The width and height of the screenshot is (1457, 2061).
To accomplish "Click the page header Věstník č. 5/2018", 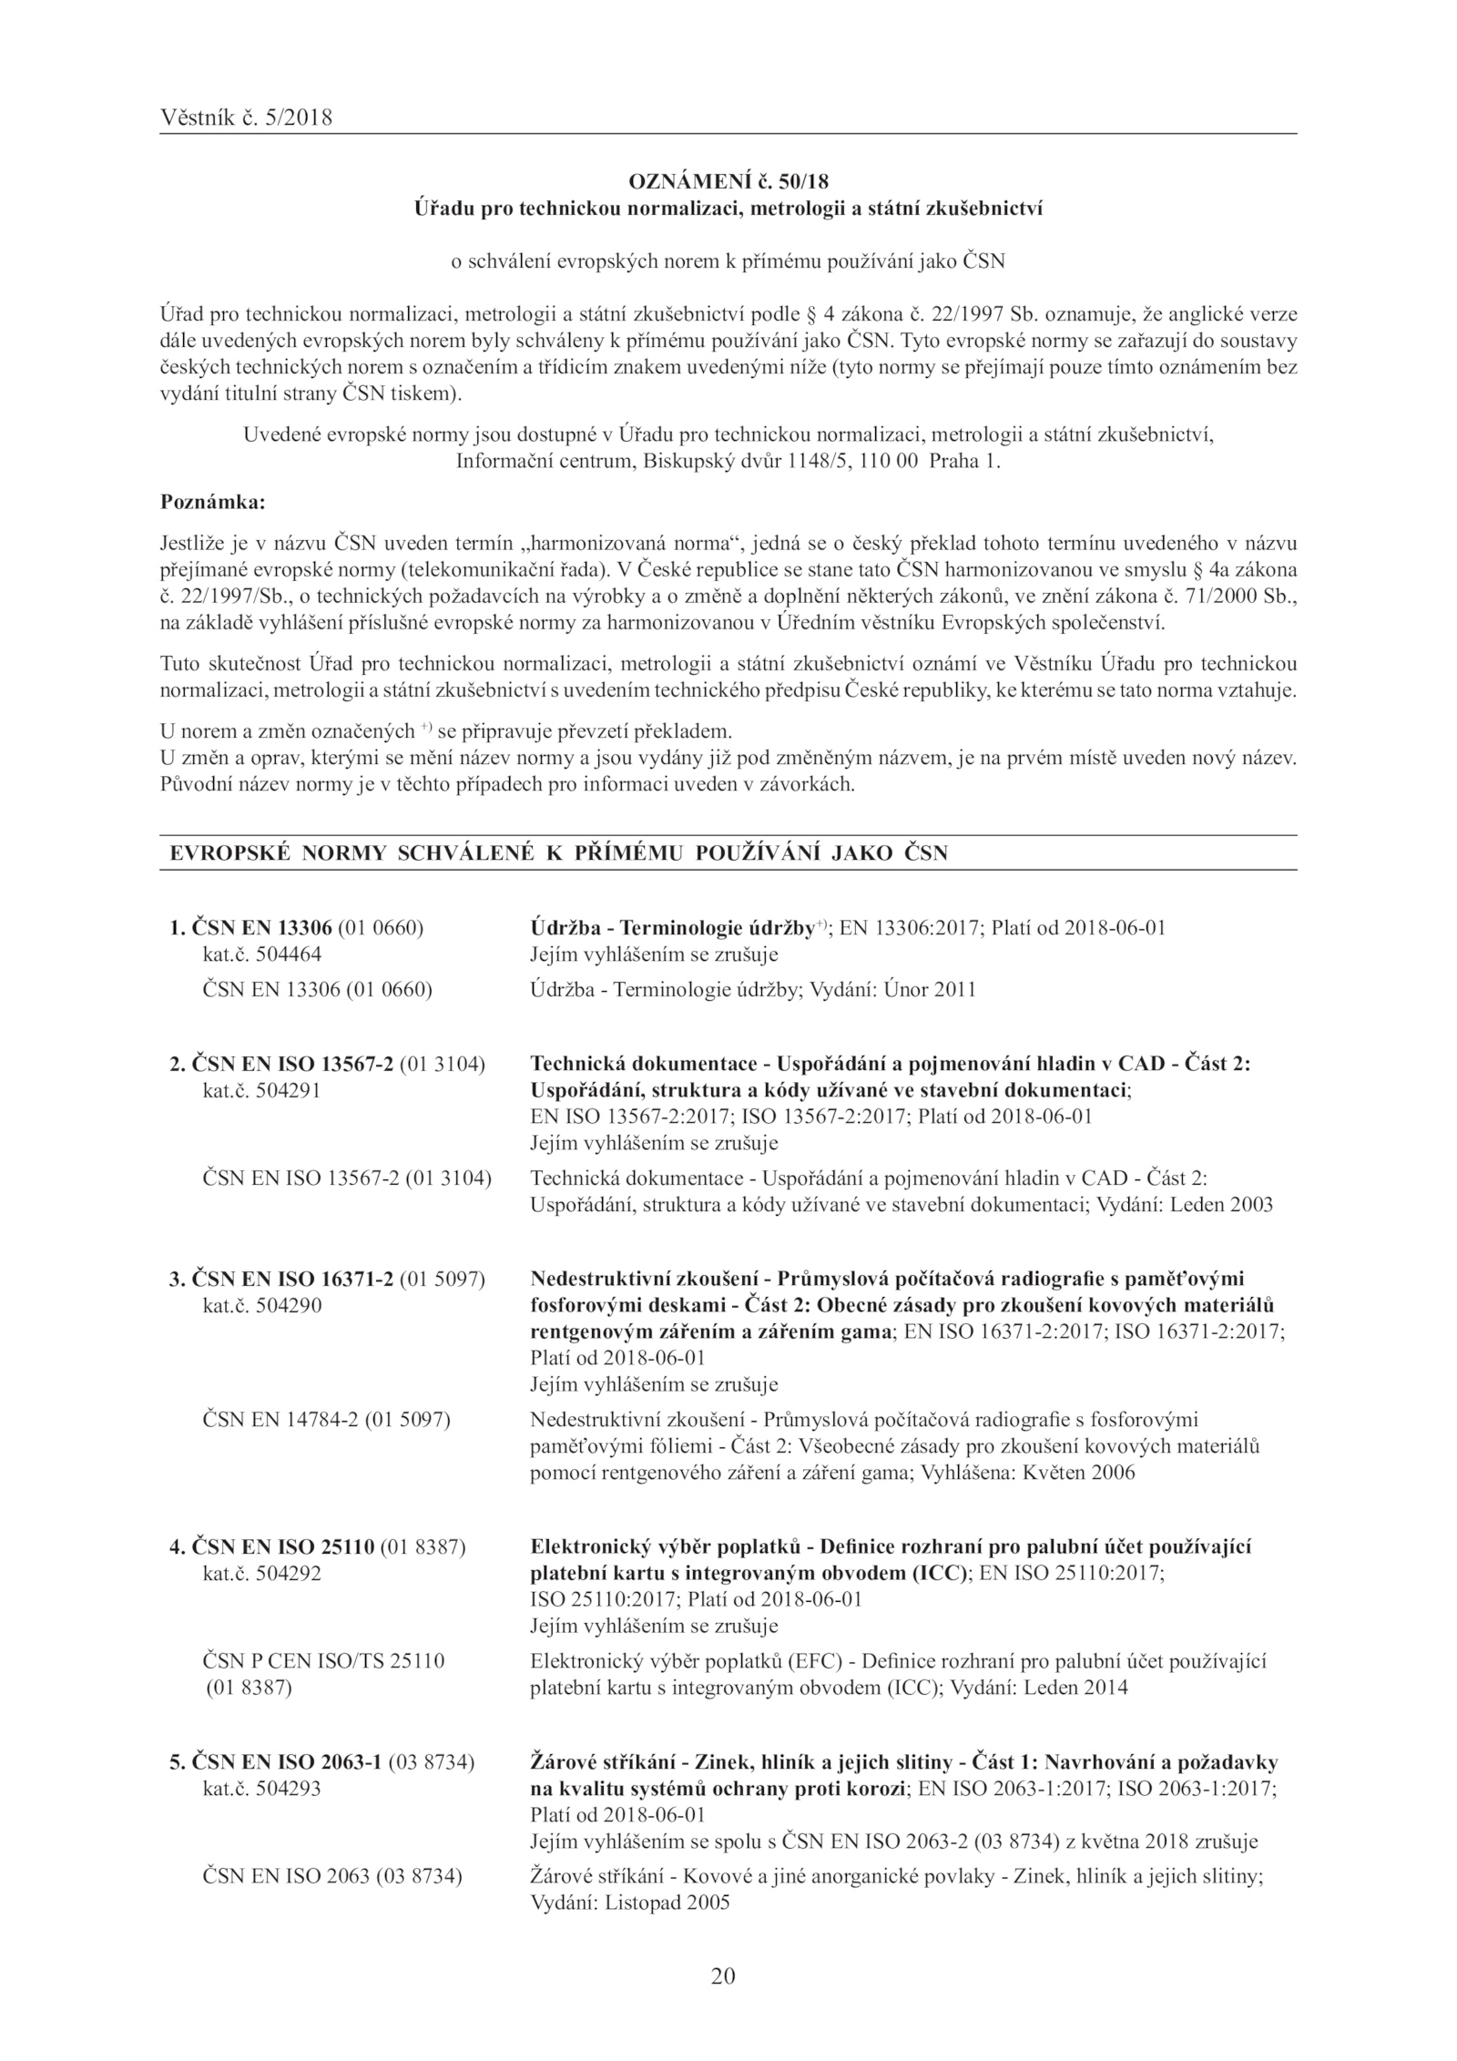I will (x=246, y=117).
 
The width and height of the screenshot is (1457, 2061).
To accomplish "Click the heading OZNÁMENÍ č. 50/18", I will (x=728, y=183).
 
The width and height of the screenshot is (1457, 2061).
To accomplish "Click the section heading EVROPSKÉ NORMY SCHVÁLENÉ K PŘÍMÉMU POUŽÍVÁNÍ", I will (x=559, y=853).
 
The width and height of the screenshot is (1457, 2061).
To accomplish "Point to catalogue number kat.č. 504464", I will (x=261, y=954).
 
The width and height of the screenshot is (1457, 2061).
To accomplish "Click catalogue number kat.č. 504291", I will (x=261, y=1090).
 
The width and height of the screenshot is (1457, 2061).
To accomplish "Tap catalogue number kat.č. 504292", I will (x=261, y=1573).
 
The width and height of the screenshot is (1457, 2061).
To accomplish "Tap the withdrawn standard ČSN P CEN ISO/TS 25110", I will (x=323, y=1660).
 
